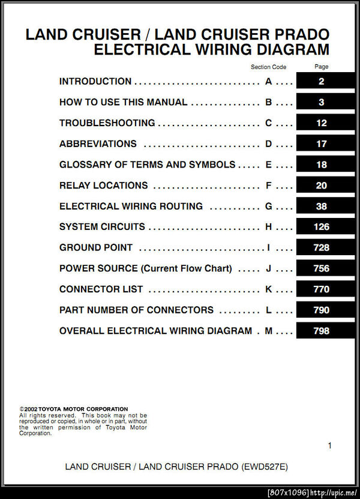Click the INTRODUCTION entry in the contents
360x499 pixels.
(95, 82)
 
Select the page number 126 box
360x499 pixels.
(322, 227)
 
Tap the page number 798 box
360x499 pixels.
(322, 331)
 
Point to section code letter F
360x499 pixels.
(269, 186)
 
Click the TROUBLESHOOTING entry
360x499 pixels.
(107, 123)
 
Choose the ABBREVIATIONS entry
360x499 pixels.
(98, 144)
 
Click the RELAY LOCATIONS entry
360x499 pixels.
(103, 186)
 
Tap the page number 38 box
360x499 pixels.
(322, 207)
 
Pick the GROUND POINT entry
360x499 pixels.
(96, 248)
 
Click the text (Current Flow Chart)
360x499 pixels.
(186, 268)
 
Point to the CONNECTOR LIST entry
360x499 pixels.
(101, 289)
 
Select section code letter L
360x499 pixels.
(269, 310)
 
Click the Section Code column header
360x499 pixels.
(269, 67)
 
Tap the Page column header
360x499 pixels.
(322, 67)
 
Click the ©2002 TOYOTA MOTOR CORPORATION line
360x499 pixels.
(74, 409)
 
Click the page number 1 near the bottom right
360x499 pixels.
(329, 446)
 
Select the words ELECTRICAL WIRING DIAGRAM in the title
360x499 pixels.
(211, 50)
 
